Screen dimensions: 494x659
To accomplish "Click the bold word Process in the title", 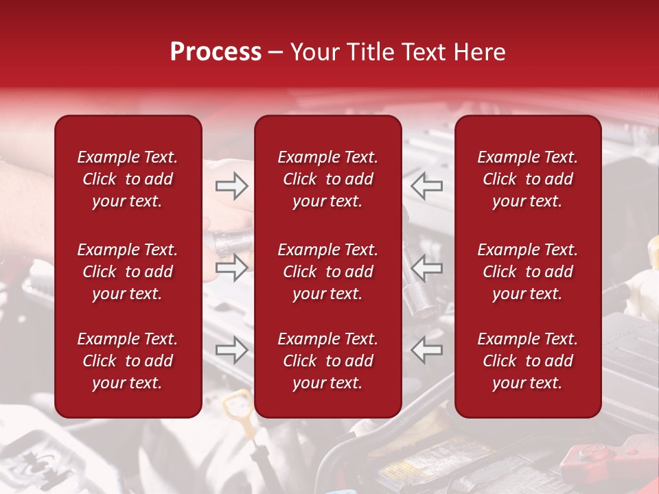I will coord(216,52).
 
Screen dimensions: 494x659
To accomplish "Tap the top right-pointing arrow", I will coord(231,185).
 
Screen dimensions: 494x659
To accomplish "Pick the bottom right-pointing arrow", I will coord(231,350).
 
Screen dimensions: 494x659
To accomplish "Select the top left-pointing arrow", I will coord(427,185).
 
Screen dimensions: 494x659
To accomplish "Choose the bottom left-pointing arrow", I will coord(427,350).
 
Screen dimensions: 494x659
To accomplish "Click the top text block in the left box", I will coord(128,179).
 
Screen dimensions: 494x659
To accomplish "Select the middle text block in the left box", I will coord(128,272).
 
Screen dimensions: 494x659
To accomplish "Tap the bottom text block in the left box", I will coord(128,361).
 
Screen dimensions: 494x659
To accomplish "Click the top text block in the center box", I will coord(327,179).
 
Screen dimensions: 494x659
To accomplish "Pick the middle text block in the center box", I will coord(327,272).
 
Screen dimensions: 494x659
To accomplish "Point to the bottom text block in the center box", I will coord(327,361).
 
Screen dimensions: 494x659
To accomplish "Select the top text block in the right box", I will coord(528,179).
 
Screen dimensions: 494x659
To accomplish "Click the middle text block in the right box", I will coord(528,272).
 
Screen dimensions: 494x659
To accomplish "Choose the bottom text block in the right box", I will coord(528,361).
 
